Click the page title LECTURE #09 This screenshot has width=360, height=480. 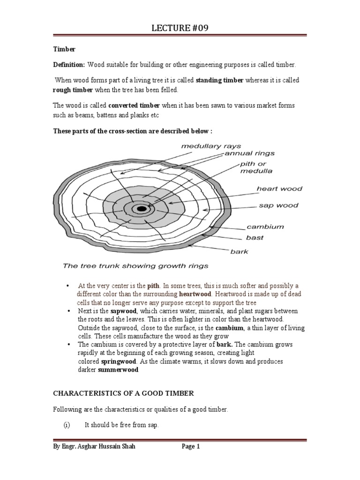pyautogui.click(x=180, y=28)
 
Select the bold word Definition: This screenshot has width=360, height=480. pyautogui.click(x=68, y=64)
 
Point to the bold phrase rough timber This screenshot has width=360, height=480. pyautogui.click(x=71, y=90)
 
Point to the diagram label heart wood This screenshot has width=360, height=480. pyautogui.click(x=279, y=189)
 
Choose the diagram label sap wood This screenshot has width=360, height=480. pyautogui.click(x=278, y=205)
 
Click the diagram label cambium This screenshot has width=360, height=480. pyautogui.click(x=265, y=226)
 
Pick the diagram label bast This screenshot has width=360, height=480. pyautogui.click(x=255, y=238)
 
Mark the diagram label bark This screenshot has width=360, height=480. pyautogui.click(x=239, y=251)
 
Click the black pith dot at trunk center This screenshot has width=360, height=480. pyautogui.click(x=141, y=209)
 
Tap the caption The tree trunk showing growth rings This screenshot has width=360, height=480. pyautogui.click(x=136, y=266)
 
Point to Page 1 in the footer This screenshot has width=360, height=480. pyautogui.click(x=191, y=447)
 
